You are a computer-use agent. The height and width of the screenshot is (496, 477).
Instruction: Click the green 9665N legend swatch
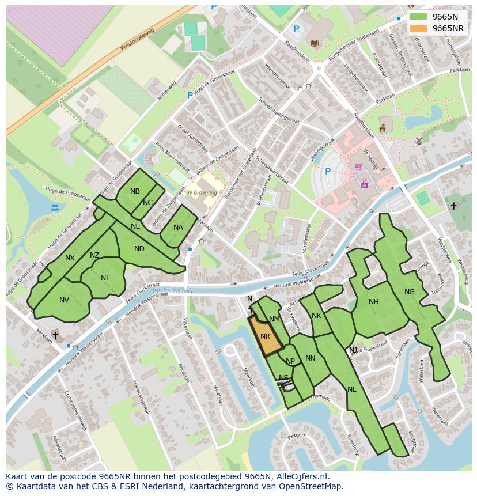click(x=418, y=17)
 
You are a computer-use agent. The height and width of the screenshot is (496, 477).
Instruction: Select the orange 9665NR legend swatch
click(x=418, y=28)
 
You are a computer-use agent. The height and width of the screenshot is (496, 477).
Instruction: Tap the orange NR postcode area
click(x=266, y=336)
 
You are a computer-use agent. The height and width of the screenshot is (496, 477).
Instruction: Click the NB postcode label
click(x=135, y=191)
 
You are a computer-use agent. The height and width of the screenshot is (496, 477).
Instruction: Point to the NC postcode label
click(x=148, y=202)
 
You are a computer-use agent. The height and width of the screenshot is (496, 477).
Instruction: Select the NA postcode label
click(x=178, y=228)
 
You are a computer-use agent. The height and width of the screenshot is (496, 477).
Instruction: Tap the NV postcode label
click(x=64, y=300)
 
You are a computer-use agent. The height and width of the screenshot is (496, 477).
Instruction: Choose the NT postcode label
click(x=105, y=278)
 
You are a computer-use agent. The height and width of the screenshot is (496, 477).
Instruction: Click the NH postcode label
click(x=374, y=302)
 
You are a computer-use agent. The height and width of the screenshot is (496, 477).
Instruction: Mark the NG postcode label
click(x=410, y=292)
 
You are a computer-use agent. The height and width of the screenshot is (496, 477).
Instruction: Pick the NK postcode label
click(x=316, y=316)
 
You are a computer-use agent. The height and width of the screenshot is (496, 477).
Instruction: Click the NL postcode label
click(x=352, y=389)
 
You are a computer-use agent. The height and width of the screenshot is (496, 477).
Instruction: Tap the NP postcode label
click(x=290, y=361)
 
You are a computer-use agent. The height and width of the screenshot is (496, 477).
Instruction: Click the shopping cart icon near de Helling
click(x=358, y=167)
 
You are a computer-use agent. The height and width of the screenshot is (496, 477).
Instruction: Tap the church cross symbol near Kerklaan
click(x=55, y=335)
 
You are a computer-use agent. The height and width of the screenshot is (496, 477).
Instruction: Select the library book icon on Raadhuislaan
click(x=315, y=43)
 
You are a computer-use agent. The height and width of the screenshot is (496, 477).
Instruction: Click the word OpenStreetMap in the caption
click(x=314, y=486)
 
